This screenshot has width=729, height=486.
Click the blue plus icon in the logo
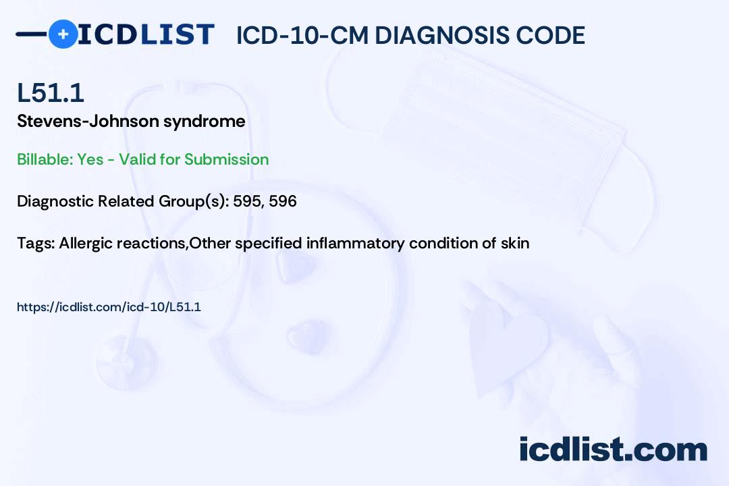coord(63,34)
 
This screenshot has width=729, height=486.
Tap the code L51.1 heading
coord(51,92)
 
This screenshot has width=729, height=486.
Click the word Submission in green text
coord(227,159)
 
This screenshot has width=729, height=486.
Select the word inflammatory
coord(356,243)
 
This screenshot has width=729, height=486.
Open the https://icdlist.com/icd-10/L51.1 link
coord(109,307)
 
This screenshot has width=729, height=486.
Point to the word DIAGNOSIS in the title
coord(435,35)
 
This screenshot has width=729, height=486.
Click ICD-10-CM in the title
coord(302,35)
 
